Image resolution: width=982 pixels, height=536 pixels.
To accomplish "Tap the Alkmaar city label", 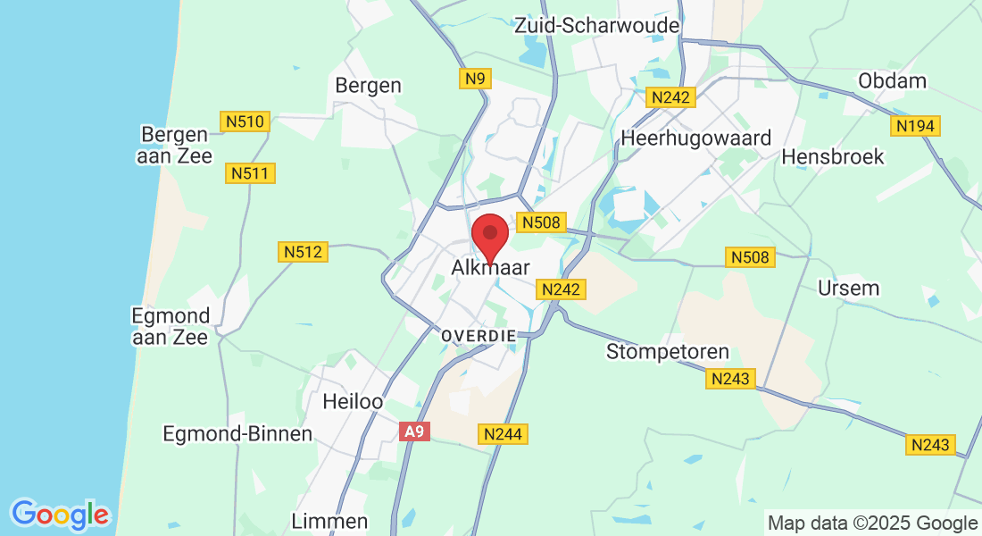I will tap(490, 268).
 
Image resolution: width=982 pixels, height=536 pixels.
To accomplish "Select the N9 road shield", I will tap(476, 80).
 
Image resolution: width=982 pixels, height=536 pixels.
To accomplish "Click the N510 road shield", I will tap(245, 121).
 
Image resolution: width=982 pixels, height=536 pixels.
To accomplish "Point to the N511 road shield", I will tap(251, 173).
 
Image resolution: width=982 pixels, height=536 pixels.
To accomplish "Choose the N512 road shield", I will tap(304, 253).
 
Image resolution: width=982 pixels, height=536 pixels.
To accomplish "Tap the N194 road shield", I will tap(916, 127).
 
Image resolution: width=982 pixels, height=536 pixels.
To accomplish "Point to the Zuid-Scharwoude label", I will tap(596, 26).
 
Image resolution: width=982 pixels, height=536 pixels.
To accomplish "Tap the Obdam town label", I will tap(892, 80).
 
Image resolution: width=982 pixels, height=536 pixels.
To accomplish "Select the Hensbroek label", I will tap(832, 157).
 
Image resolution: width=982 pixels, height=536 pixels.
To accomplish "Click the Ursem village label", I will tap(849, 289).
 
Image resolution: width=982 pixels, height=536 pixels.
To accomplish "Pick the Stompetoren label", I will tap(668, 351).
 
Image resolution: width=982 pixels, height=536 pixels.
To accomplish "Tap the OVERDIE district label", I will tap(479, 335).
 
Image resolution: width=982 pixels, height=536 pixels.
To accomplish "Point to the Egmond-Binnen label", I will tap(237, 434).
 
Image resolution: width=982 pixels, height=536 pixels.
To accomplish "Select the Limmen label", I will tap(329, 521).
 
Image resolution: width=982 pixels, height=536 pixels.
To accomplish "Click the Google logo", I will tap(60, 515).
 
